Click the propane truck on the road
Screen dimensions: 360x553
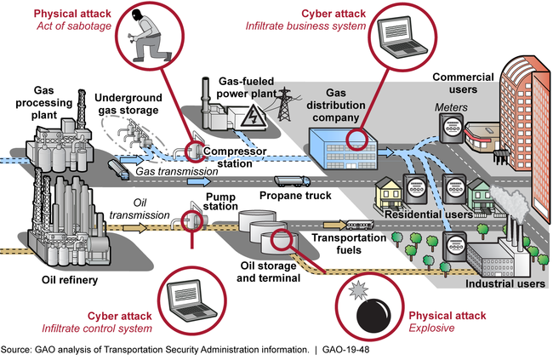point(290,180)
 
